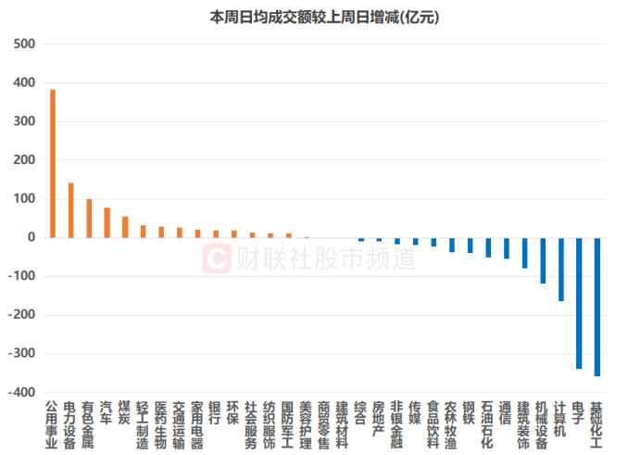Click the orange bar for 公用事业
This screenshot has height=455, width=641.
(53, 163)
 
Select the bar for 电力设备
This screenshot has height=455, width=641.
(70, 210)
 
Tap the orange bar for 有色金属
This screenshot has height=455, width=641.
(89, 219)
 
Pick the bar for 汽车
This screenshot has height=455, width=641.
(107, 222)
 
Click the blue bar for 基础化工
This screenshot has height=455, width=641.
(597, 307)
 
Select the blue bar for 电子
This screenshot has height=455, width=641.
(579, 303)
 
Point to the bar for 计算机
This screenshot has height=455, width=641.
(561, 269)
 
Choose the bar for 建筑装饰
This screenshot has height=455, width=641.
(524, 253)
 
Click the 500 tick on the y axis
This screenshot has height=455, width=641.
(25, 44)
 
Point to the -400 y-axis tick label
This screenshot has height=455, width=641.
(22, 392)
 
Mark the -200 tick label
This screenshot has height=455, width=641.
(22, 315)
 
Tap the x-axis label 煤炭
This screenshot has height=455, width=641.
(125, 411)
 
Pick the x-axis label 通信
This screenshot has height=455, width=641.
(506, 411)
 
